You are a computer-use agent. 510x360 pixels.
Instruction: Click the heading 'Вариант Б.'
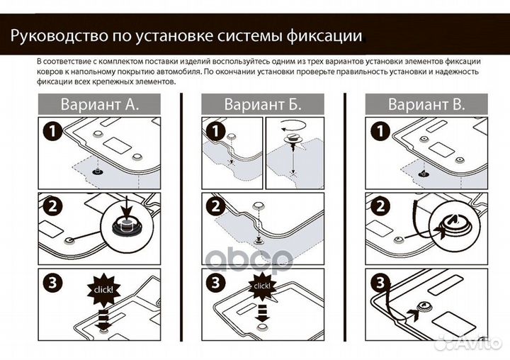click(263, 105)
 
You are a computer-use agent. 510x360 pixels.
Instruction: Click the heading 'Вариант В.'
click(426, 105)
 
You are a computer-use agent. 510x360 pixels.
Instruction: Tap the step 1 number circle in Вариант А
click(50, 131)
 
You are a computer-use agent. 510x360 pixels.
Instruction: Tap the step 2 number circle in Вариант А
click(50, 206)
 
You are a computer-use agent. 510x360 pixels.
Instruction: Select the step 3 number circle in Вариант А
click(50, 281)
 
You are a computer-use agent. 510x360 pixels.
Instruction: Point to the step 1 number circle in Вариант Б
click(214, 131)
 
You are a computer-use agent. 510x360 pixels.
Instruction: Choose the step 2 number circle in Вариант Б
click(214, 206)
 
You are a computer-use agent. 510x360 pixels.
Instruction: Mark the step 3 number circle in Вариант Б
click(214, 281)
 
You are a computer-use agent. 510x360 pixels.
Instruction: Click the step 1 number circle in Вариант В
click(378, 131)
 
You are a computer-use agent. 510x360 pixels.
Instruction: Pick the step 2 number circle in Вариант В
click(378, 206)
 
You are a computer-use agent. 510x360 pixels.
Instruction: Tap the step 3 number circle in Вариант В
click(378, 281)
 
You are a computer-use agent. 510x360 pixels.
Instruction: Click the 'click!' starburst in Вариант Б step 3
click(261, 286)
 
